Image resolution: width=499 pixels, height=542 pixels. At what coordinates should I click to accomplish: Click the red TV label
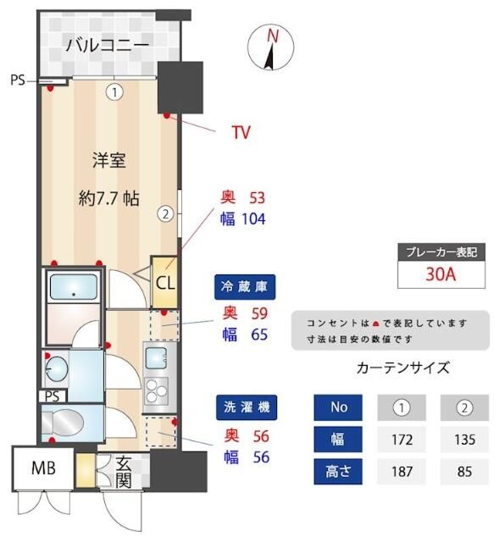click(241, 132)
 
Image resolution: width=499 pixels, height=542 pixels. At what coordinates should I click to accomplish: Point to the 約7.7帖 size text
click(108, 198)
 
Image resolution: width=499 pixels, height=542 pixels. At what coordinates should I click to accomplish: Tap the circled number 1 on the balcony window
click(114, 91)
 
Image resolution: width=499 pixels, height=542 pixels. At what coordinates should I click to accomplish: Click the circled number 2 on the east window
click(167, 214)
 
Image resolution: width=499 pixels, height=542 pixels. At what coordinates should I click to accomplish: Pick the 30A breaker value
click(441, 274)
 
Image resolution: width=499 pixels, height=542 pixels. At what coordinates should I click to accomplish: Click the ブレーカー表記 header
click(441, 251)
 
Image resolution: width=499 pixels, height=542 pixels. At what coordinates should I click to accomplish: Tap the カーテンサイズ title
click(402, 368)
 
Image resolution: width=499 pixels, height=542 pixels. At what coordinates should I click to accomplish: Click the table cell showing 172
click(402, 440)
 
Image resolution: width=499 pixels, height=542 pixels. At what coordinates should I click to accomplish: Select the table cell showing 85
click(464, 472)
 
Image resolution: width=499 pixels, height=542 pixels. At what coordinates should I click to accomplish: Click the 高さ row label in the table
click(339, 472)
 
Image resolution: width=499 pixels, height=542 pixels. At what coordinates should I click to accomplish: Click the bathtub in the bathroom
click(73, 289)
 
